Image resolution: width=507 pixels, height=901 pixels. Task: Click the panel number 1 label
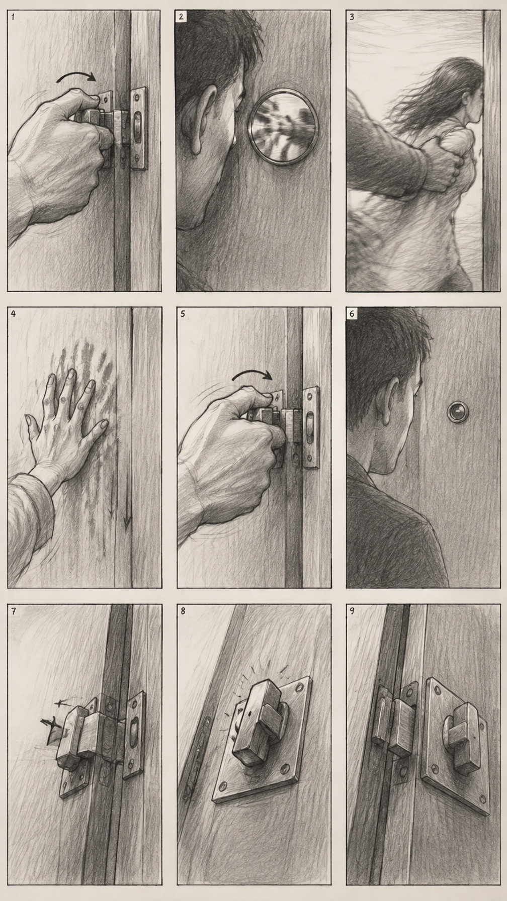[x=13, y=17]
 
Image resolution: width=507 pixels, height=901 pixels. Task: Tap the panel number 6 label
[x=352, y=314]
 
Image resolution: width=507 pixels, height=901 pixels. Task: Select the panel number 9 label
[x=352, y=611]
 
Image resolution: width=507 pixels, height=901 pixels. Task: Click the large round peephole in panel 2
[x=284, y=126]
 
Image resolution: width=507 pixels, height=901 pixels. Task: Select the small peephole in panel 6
[x=458, y=411]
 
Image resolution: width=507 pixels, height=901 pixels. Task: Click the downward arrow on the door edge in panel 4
[x=127, y=503]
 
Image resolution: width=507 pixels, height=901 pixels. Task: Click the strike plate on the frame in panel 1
[x=139, y=128]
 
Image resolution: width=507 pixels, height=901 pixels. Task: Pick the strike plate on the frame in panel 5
[x=310, y=427]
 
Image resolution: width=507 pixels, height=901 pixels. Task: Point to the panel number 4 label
[x=13, y=314]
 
